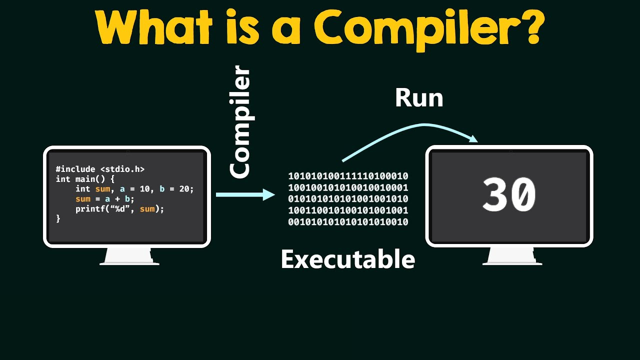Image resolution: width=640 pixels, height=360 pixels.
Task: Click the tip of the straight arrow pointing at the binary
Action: click(275, 195)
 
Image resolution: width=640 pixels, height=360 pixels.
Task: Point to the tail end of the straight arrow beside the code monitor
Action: click(216, 195)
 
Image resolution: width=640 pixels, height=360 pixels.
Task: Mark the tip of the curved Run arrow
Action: click(477, 141)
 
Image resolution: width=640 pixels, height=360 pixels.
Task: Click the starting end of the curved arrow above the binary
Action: click(342, 161)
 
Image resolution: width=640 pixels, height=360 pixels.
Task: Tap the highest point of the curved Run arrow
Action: click(424, 124)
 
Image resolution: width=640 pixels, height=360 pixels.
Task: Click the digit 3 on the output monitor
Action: click(494, 194)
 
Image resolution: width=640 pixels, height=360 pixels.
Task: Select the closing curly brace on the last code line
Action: click(58, 219)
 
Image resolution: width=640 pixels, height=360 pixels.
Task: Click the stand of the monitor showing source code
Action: click(129, 256)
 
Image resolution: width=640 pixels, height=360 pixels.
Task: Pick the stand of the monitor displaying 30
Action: click(512, 256)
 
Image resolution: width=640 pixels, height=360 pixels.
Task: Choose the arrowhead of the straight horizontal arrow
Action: click(269, 195)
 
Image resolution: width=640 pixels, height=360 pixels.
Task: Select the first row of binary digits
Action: click(348, 176)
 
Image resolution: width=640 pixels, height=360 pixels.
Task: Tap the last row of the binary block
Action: click(348, 221)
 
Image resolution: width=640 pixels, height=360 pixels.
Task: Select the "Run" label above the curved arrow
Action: click(419, 98)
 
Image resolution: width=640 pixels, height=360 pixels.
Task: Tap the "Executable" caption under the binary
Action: click(348, 259)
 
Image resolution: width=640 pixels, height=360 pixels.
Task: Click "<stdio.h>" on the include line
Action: click(122, 169)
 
